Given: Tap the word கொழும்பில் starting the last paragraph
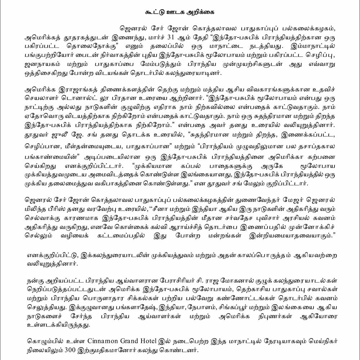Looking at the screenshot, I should tap(44, 341).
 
